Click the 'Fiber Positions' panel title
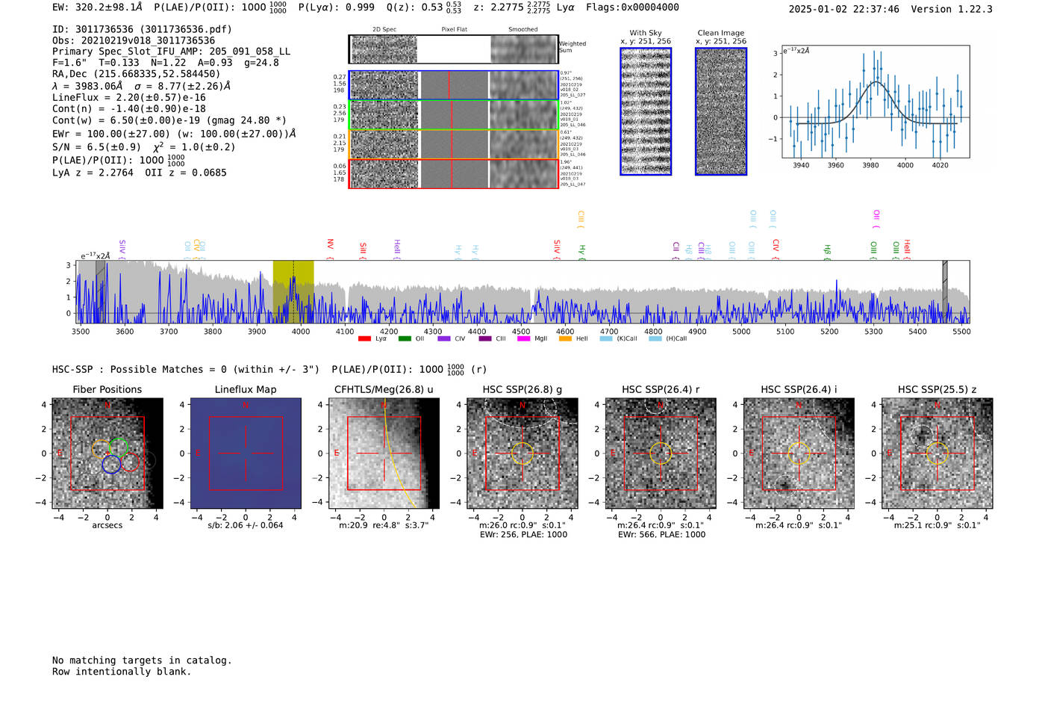tap(107, 389)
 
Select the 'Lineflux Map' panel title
tap(246, 389)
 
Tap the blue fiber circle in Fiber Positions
tap(111, 464)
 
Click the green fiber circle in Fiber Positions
tap(118, 447)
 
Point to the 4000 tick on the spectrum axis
tap(301, 331)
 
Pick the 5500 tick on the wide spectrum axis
tap(961, 331)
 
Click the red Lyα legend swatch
tap(364, 339)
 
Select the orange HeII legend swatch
tap(565, 339)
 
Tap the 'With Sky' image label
tap(646, 33)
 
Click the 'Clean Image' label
tap(721, 33)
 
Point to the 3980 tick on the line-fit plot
tap(870, 165)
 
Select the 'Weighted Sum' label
tap(573, 47)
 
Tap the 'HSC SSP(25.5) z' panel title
tap(937, 389)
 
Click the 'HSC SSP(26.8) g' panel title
tap(522, 389)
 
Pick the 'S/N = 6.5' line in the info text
tap(96, 147)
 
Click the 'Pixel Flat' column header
tap(454, 29)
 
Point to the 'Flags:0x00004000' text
tap(632, 7)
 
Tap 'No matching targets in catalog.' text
tap(142, 660)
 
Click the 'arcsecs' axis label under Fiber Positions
tap(107, 525)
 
